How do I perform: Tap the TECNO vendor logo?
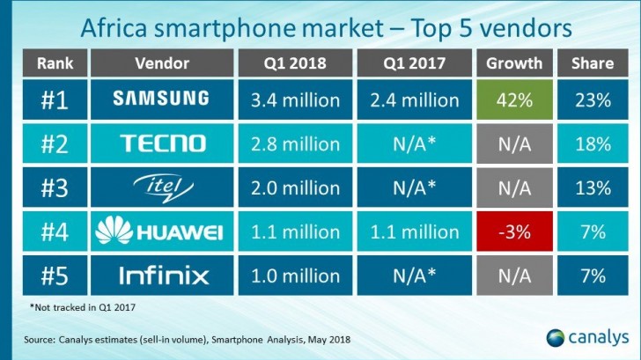tap(162, 143)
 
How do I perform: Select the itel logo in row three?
tap(162, 187)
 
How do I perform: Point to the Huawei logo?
tap(162, 232)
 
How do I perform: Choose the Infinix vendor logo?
tap(162, 276)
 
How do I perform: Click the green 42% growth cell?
tap(517, 99)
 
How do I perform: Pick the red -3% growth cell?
tap(517, 232)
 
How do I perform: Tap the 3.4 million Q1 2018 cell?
tap(295, 99)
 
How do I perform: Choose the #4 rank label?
tap(55, 232)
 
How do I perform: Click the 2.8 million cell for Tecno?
tap(295, 143)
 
